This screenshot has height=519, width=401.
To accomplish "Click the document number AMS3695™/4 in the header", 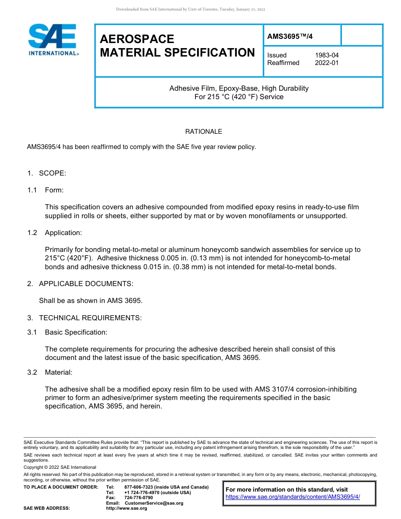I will point(290,36).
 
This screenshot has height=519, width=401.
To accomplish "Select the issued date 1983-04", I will point(327,55).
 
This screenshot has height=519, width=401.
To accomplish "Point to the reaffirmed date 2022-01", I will point(327,63).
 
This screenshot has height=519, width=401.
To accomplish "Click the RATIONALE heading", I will point(203,132).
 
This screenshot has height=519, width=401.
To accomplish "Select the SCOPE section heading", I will point(52,173).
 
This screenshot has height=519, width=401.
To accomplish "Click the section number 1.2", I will point(33,233).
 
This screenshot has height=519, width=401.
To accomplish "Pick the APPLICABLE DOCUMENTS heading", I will point(86,284).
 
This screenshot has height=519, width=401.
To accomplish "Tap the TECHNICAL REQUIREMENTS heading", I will point(90,318).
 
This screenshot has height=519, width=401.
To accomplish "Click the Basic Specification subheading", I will point(76,332).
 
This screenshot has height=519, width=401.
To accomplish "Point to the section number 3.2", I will point(33,373).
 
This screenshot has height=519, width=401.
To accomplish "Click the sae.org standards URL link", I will point(293,497).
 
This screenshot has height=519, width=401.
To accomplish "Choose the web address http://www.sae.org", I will point(127,508).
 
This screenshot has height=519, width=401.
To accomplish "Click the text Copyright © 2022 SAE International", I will point(60,467).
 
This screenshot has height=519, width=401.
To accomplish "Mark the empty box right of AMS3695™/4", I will point(361,35).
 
